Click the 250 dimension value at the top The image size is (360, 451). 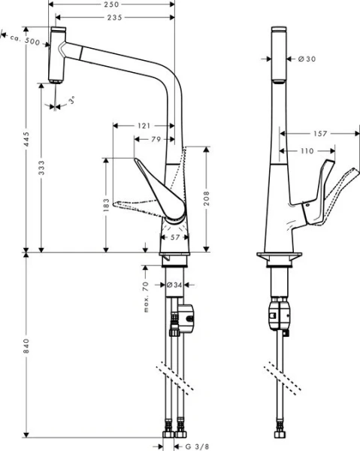click(111, 5)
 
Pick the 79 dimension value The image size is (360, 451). click(155, 138)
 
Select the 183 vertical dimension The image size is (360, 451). click(106, 205)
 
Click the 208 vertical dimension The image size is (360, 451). click(207, 197)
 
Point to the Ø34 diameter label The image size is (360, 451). click(174, 285)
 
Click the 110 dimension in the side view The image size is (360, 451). click(307, 151)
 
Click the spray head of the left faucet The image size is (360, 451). click(56, 56)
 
